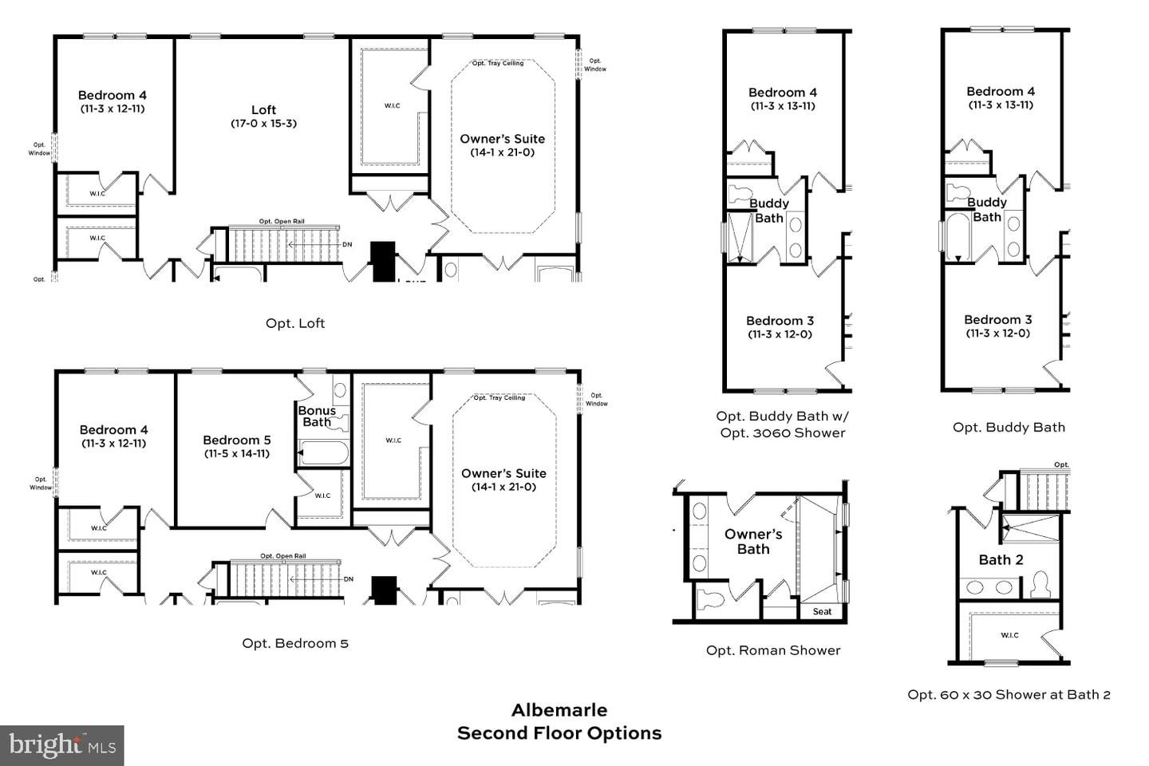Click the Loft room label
click(x=263, y=110)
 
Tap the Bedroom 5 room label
click(x=236, y=440)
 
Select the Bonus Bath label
click(x=317, y=416)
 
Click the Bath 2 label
click(x=1001, y=560)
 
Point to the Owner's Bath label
click(x=752, y=541)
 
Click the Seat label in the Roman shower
click(x=822, y=612)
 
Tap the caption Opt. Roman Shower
click(x=772, y=650)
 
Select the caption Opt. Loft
click(x=295, y=323)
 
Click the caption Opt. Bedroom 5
click(x=295, y=643)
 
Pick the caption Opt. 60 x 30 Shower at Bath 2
click(x=1009, y=694)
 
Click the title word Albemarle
click(x=559, y=710)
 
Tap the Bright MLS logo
click(x=62, y=746)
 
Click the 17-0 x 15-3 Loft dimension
click(x=263, y=124)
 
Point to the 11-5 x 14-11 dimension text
click(x=236, y=453)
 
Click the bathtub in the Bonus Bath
click(x=324, y=454)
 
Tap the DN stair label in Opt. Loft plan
click(x=347, y=244)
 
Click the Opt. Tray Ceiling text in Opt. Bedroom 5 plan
click(x=499, y=397)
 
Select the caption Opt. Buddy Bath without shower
click(x=1009, y=427)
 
